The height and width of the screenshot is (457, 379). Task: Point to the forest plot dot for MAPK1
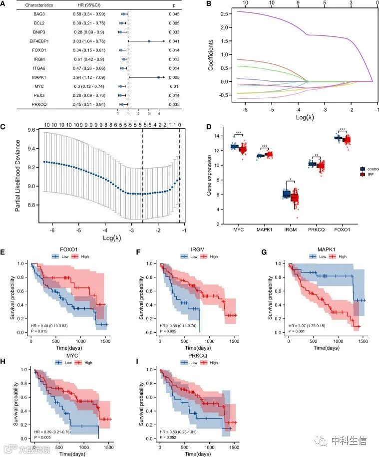point(158,77)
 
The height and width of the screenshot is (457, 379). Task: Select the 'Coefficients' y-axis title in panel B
point(211,55)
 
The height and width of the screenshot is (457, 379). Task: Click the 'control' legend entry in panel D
point(371,169)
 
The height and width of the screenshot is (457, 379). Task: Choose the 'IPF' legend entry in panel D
point(369,176)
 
